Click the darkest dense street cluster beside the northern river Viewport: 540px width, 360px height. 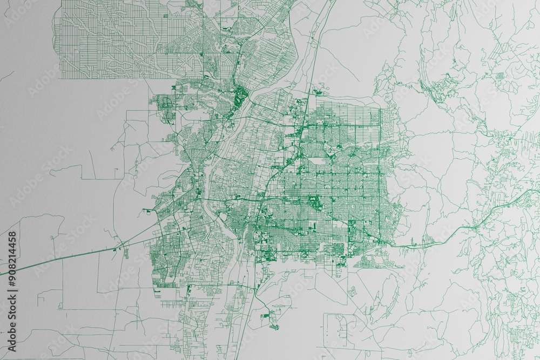[x=239, y=97]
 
